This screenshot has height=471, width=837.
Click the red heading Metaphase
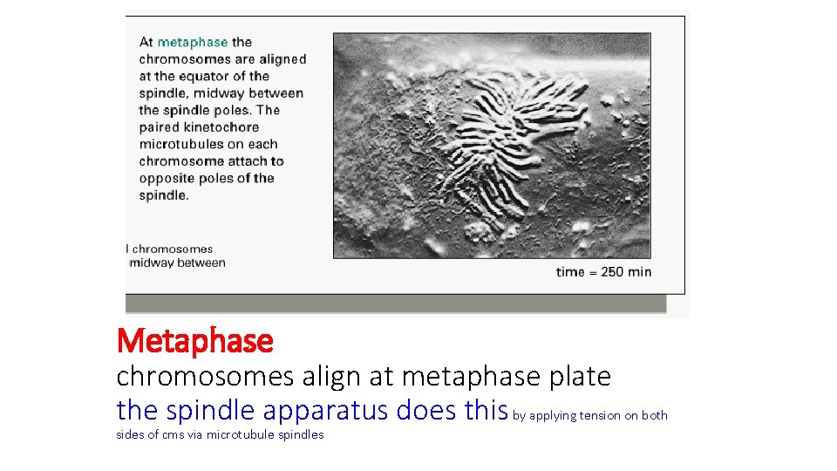pos(194,340)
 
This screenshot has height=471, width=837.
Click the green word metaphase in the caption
pos(192,42)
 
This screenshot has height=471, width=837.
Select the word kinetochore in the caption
pos(219,127)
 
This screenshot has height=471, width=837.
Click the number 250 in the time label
pos(612,271)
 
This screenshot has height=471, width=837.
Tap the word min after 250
pos(639,271)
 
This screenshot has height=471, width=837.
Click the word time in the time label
pos(570,271)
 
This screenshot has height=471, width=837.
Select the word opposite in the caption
pos(163,178)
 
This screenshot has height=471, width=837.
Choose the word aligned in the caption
pos(282,59)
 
